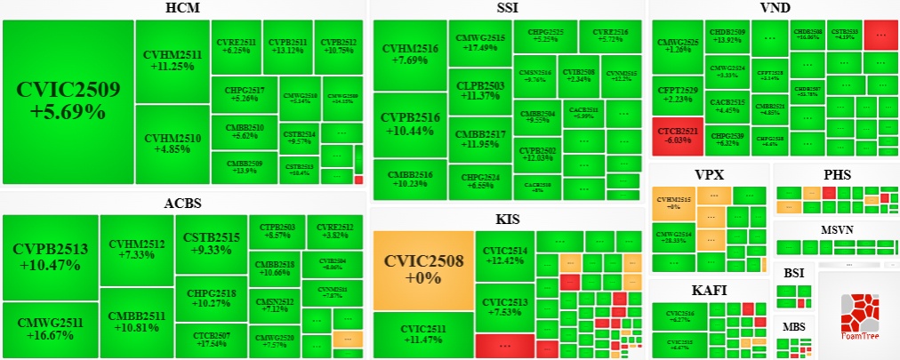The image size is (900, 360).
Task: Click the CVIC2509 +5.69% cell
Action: click(x=68, y=101)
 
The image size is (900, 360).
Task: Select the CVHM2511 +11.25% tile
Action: click(x=173, y=60)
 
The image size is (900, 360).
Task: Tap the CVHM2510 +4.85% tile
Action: click(x=173, y=144)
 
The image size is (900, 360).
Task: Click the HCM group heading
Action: click(x=183, y=9)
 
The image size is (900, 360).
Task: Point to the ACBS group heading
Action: click(x=182, y=204)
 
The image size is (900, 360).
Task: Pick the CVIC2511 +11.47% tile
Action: click(x=422, y=334)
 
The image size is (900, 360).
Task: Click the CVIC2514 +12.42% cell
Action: click(x=504, y=256)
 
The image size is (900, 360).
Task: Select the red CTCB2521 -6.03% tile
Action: click(x=679, y=135)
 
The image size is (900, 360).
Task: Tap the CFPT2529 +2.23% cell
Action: click(x=679, y=94)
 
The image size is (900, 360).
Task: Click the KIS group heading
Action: click(x=508, y=219)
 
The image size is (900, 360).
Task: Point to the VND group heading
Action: click(x=775, y=9)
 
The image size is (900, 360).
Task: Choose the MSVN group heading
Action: click(x=835, y=230)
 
